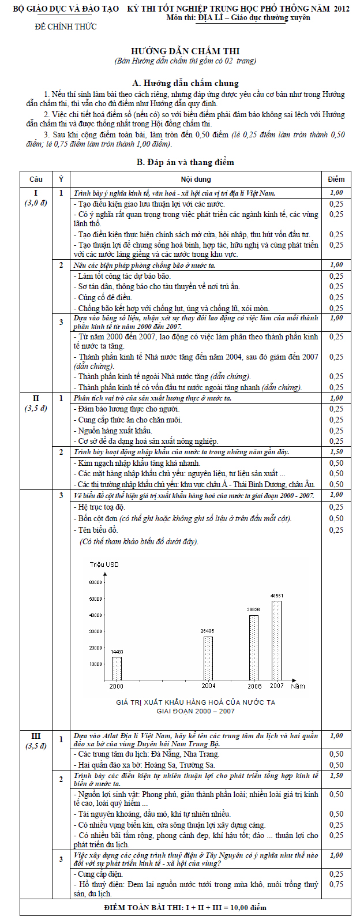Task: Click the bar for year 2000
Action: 117,668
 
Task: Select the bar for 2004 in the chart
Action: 208,658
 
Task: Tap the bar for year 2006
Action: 254,648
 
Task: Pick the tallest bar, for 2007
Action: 277,641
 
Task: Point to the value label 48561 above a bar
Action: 277,595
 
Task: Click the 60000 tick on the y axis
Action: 94,582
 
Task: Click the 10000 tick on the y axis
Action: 94,664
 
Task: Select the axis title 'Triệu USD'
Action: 104,564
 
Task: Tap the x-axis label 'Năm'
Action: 298,686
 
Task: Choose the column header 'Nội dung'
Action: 196,179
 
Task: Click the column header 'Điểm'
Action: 336,179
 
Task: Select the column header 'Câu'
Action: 36,179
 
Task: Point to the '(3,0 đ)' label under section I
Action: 36,203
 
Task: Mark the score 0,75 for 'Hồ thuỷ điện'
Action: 336,884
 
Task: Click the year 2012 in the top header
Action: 341,9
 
